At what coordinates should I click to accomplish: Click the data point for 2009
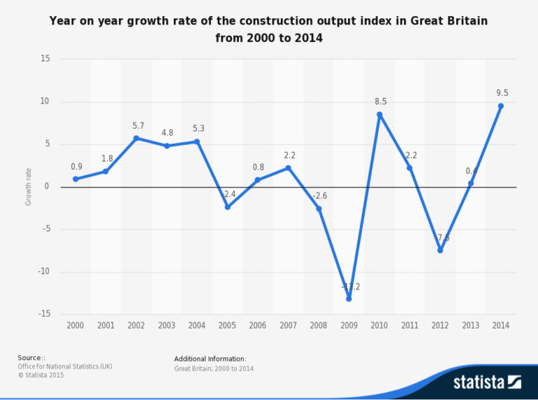[349, 298]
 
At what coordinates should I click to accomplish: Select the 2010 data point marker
[380, 115]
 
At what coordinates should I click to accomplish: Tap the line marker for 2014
[501, 106]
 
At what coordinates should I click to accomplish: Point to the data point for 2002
[137, 138]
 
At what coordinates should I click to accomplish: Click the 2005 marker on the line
[228, 207]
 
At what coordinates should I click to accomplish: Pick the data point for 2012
[440, 250]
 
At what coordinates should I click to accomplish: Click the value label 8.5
[380, 102]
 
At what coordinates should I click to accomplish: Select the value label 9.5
[501, 92]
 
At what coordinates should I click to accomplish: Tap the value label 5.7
[138, 125]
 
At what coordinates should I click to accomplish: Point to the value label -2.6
[320, 195]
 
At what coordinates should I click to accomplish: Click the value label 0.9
[76, 167]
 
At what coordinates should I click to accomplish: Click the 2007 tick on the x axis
[288, 326]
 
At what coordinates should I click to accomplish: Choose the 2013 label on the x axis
[470, 326]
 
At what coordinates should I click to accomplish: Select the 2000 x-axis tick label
[76, 326]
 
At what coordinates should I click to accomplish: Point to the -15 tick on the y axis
[43, 315]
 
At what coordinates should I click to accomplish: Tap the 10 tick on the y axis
[46, 102]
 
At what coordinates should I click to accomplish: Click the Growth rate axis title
[29, 186]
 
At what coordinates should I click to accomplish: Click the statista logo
[487, 382]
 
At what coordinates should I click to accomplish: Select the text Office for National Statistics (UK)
[64, 366]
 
